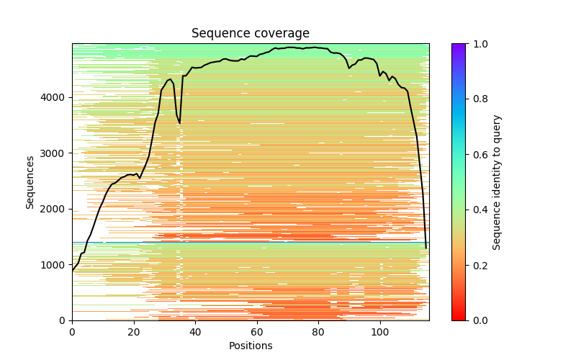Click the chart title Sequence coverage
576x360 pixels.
pyautogui.click(x=250, y=33)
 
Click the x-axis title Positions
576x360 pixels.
pyautogui.click(x=250, y=346)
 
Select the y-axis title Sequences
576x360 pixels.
pyautogui.click(x=30, y=181)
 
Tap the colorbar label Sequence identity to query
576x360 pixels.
pyautogui.click(x=497, y=181)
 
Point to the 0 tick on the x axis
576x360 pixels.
pyautogui.click(x=72, y=331)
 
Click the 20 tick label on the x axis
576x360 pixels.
pyautogui.click(x=133, y=331)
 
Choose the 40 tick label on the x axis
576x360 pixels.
pyautogui.click(x=195, y=331)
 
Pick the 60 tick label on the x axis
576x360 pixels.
pyautogui.click(x=256, y=331)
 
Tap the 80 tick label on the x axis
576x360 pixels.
pyautogui.click(x=318, y=331)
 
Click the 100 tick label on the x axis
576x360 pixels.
pyautogui.click(x=379, y=331)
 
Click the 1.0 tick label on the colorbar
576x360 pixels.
pyautogui.click(x=477, y=44)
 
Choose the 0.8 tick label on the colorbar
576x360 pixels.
pyautogui.click(x=477, y=99)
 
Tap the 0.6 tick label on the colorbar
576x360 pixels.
pyautogui.click(x=477, y=155)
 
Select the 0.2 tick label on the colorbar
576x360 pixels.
pyautogui.click(x=477, y=265)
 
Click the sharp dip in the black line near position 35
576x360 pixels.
pyautogui.click(x=179, y=122)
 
